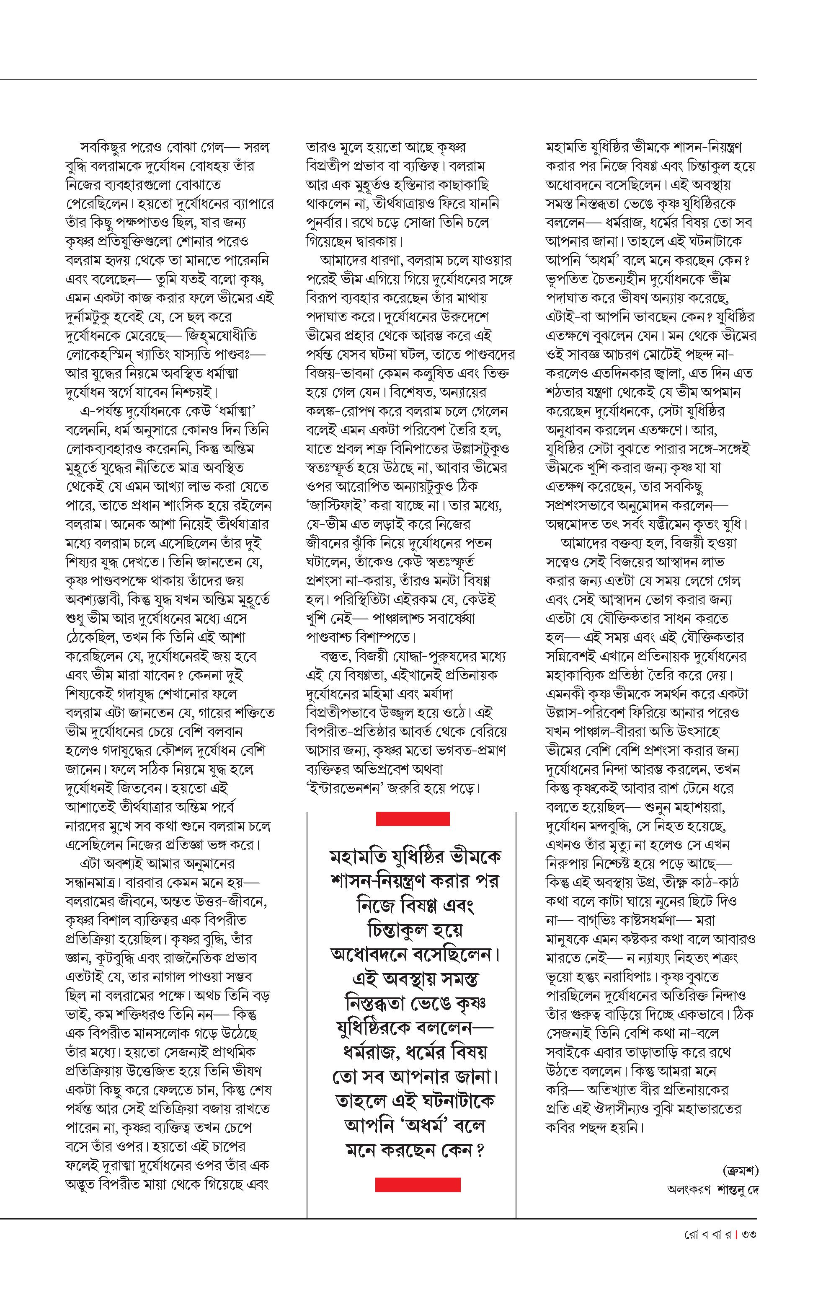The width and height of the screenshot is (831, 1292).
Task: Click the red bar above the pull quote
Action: click(x=413, y=818)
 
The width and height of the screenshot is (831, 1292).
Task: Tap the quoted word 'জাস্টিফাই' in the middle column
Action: click(x=339, y=506)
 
